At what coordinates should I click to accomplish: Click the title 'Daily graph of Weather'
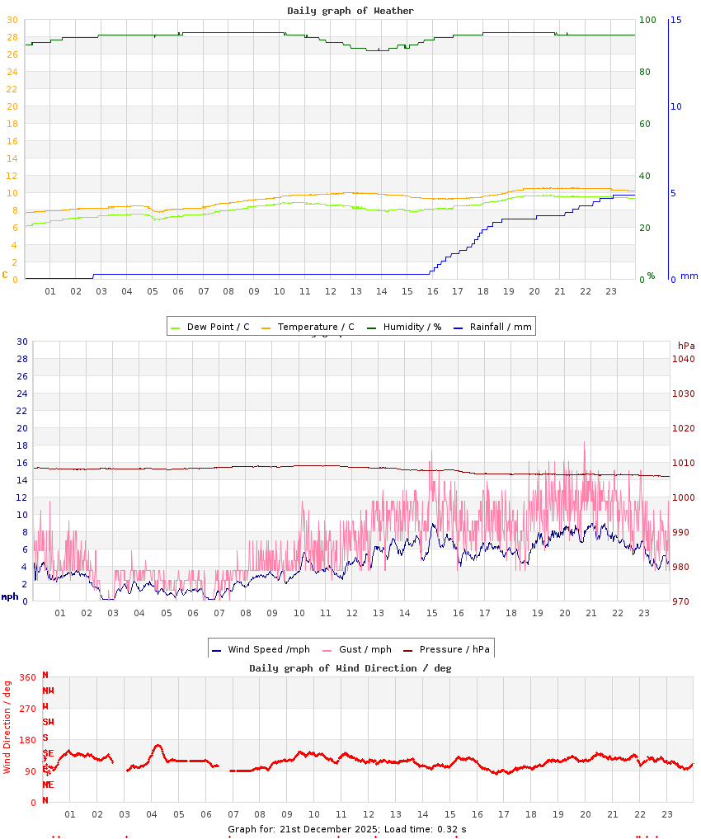(x=350, y=11)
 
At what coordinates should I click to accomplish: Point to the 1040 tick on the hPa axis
(x=683, y=359)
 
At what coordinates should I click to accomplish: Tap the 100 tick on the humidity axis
(x=647, y=20)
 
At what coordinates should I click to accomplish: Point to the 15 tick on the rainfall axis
(x=676, y=20)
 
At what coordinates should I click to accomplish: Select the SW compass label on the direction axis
(x=48, y=722)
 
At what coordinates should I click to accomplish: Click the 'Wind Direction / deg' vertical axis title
(x=7, y=726)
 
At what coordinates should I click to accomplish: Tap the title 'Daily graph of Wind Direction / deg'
(x=350, y=668)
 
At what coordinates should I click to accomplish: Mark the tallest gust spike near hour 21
(x=585, y=443)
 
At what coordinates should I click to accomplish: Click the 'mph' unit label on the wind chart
(x=10, y=596)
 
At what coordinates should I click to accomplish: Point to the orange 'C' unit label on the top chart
(x=5, y=275)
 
